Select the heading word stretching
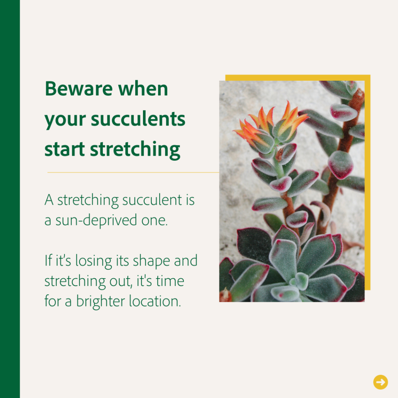(x=135, y=150)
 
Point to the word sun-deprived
(x=96, y=220)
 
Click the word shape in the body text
(x=151, y=261)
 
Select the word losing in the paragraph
(x=94, y=261)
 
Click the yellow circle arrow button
(x=381, y=382)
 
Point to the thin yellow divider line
(x=133, y=172)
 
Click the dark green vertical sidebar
(x=10, y=199)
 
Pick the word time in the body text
(x=170, y=281)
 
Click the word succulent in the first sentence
(x=152, y=200)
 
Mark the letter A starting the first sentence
(x=49, y=200)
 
